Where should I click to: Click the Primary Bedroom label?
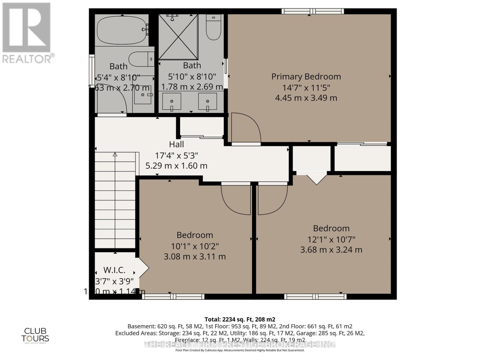point(306,76)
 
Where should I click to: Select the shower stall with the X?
point(178,37)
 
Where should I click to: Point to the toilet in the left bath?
point(141,59)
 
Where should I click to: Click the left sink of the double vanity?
point(172,101)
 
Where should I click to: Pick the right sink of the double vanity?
point(208,101)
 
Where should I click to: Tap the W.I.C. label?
point(114,270)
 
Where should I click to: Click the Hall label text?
point(176,144)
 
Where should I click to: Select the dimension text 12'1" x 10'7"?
point(331,239)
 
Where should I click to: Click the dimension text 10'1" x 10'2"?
point(195,246)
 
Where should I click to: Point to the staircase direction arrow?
point(115,155)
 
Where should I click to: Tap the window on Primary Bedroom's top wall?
point(313,11)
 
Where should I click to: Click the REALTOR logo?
point(27,33)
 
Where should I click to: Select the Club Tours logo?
point(35,335)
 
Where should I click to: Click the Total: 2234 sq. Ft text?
point(240,319)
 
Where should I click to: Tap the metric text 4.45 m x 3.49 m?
point(306,98)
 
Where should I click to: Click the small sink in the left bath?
point(143,95)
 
